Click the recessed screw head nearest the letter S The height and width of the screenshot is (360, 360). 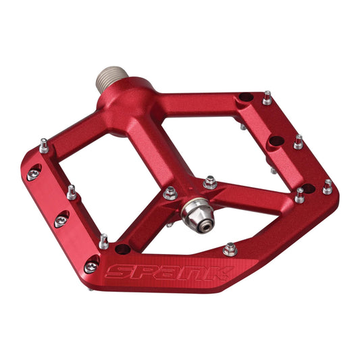[x=91, y=266]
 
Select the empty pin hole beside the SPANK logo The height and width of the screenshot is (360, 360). [x=122, y=248]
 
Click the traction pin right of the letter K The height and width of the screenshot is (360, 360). [x=230, y=249]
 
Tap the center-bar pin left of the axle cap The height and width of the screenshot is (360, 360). [x=170, y=193]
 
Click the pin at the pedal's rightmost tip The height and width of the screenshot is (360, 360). [x=328, y=187]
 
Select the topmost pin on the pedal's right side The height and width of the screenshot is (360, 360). [x=267, y=99]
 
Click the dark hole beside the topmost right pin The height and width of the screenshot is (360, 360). [x=247, y=98]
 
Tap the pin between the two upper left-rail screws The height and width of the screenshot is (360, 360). [x=71, y=192]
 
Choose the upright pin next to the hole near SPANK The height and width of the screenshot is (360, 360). [x=103, y=241]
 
